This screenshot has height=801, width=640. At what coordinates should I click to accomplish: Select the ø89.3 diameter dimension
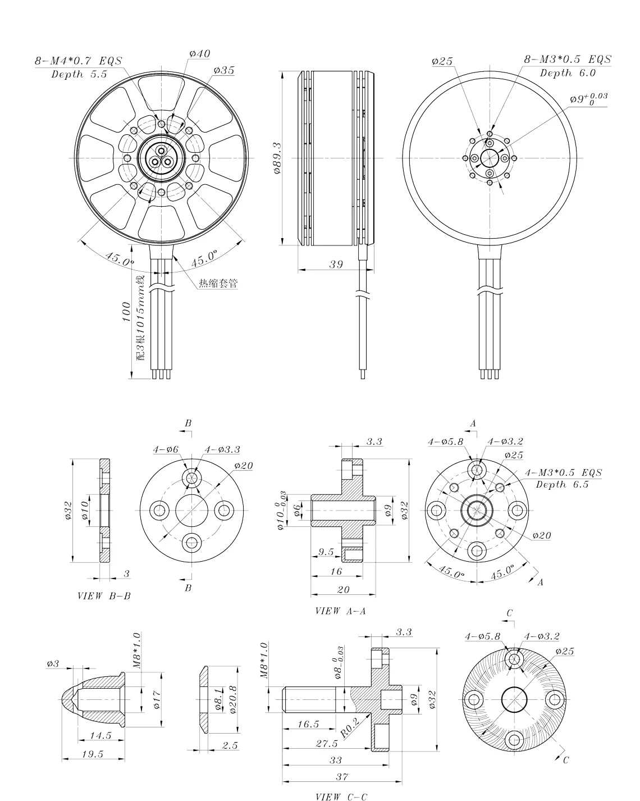[277, 158]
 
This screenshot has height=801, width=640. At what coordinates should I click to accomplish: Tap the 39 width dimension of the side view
[336, 265]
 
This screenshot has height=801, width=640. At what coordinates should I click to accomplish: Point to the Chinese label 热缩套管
[217, 284]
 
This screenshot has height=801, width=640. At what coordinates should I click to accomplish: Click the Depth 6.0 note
[568, 73]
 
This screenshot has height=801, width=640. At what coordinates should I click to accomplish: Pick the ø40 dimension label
[200, 54]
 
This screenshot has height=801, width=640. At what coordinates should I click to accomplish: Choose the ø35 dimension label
[223, 71]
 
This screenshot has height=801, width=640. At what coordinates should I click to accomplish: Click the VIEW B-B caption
[104, 595]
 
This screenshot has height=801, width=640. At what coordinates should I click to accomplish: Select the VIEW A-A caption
[341, 611]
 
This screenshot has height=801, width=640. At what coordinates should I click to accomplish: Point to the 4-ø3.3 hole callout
[223, 449]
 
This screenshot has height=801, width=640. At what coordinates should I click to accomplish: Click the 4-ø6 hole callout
[166, 449]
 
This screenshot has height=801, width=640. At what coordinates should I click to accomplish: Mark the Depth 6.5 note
[562, 484]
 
